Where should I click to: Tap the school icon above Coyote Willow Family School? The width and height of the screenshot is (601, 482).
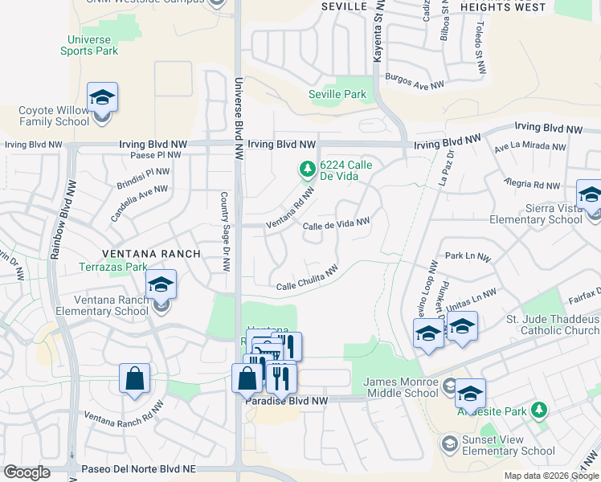tap(102, 98)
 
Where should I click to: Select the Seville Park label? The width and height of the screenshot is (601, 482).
tap(337, 94)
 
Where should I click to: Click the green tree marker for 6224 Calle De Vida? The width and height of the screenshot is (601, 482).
tap(306, 170)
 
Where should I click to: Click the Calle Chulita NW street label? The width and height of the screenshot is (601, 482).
tap(306, 279)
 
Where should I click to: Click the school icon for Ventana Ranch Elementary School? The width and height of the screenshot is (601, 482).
tap(161, 284)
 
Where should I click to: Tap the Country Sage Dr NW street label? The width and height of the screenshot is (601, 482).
tap(226, 231)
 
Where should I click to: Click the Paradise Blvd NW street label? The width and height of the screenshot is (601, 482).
tap(288, 400)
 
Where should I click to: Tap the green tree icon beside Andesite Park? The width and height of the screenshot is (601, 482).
tap(541, 411)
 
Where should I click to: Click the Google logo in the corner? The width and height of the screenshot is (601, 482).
tap(27, 472)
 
